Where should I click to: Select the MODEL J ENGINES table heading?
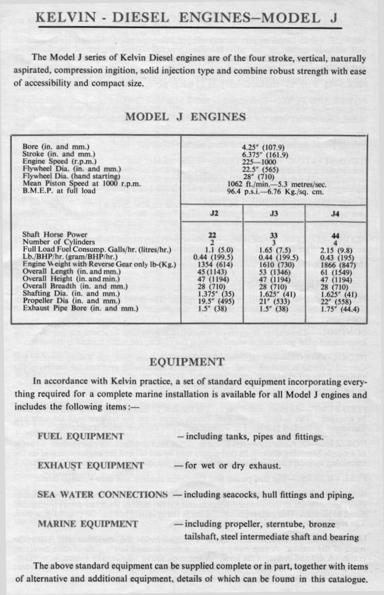(x=185, y=118)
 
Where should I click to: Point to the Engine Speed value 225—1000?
(x=263, y=163)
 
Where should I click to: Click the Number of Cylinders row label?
(x=59, y=242)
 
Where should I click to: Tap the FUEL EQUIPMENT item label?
(x=80, y=436)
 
